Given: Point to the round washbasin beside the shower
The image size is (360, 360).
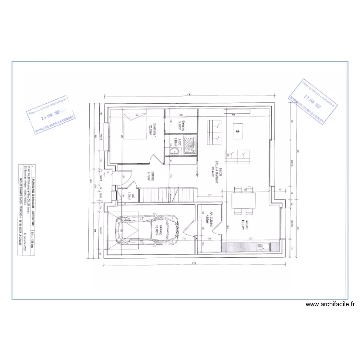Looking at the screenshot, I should [173, 151].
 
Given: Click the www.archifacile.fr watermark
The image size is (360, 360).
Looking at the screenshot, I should [331, 304].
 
